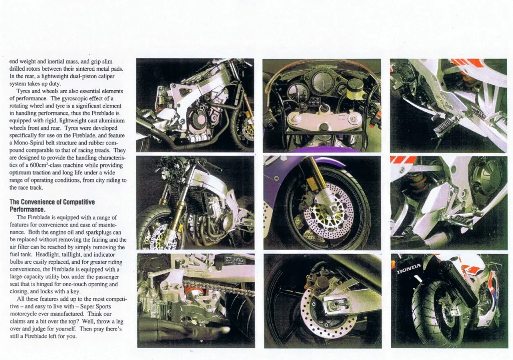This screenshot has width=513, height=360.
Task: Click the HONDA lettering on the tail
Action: (409, 269)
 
